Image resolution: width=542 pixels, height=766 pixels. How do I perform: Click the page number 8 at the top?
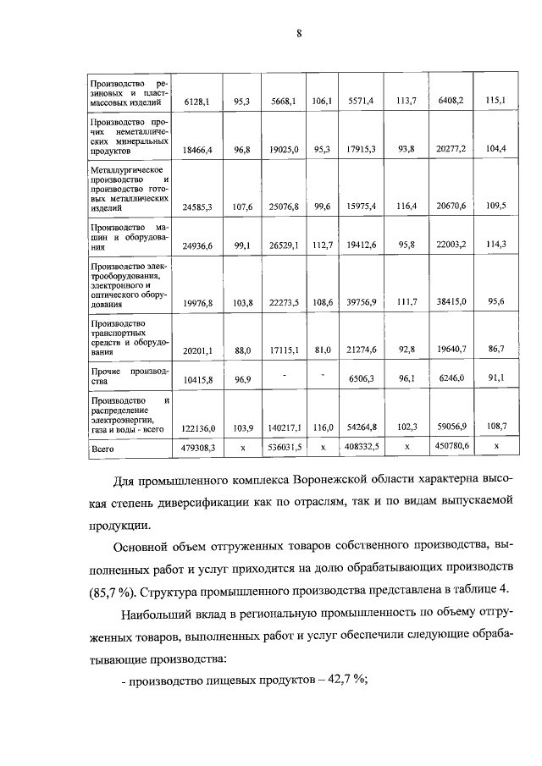click(x=298, y=33)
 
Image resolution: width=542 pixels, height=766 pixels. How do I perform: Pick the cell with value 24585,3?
click(x=196, y=206)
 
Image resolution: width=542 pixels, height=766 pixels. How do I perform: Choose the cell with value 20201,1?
click(x=196, y=349)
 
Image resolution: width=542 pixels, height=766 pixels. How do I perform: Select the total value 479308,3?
click(x=196, y=445)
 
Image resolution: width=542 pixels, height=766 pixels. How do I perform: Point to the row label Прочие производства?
click(x=130, y=376)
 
